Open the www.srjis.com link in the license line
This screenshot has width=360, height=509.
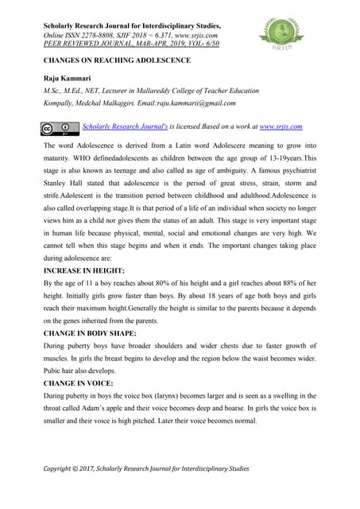(x=281, y=126)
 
